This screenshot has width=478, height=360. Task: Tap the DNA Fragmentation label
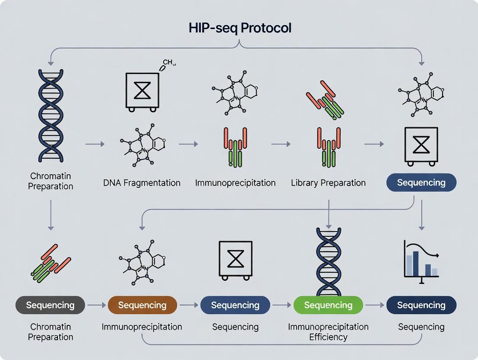pos(142,183)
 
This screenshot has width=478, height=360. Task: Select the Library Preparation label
pos(328,183)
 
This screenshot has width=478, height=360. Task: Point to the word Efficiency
pos(328,337)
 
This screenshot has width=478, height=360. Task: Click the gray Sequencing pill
pos(50,305)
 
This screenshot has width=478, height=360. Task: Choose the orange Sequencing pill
pos(142,305)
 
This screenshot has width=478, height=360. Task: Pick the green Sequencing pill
pos(328,305)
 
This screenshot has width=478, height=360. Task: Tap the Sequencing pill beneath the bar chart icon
pos(421,305)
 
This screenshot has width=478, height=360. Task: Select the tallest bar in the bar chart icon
pos(416,264)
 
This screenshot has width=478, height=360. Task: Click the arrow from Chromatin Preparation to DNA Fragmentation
pos(95,144)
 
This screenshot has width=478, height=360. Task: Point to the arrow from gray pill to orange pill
pos(96,305)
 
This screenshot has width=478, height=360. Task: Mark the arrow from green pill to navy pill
pos(375,305)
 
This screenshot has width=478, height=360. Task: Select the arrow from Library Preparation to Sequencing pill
pos(374,144)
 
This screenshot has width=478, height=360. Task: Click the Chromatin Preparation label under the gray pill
pos(50,332)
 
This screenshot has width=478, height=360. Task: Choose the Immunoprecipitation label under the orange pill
pos(142,327)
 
